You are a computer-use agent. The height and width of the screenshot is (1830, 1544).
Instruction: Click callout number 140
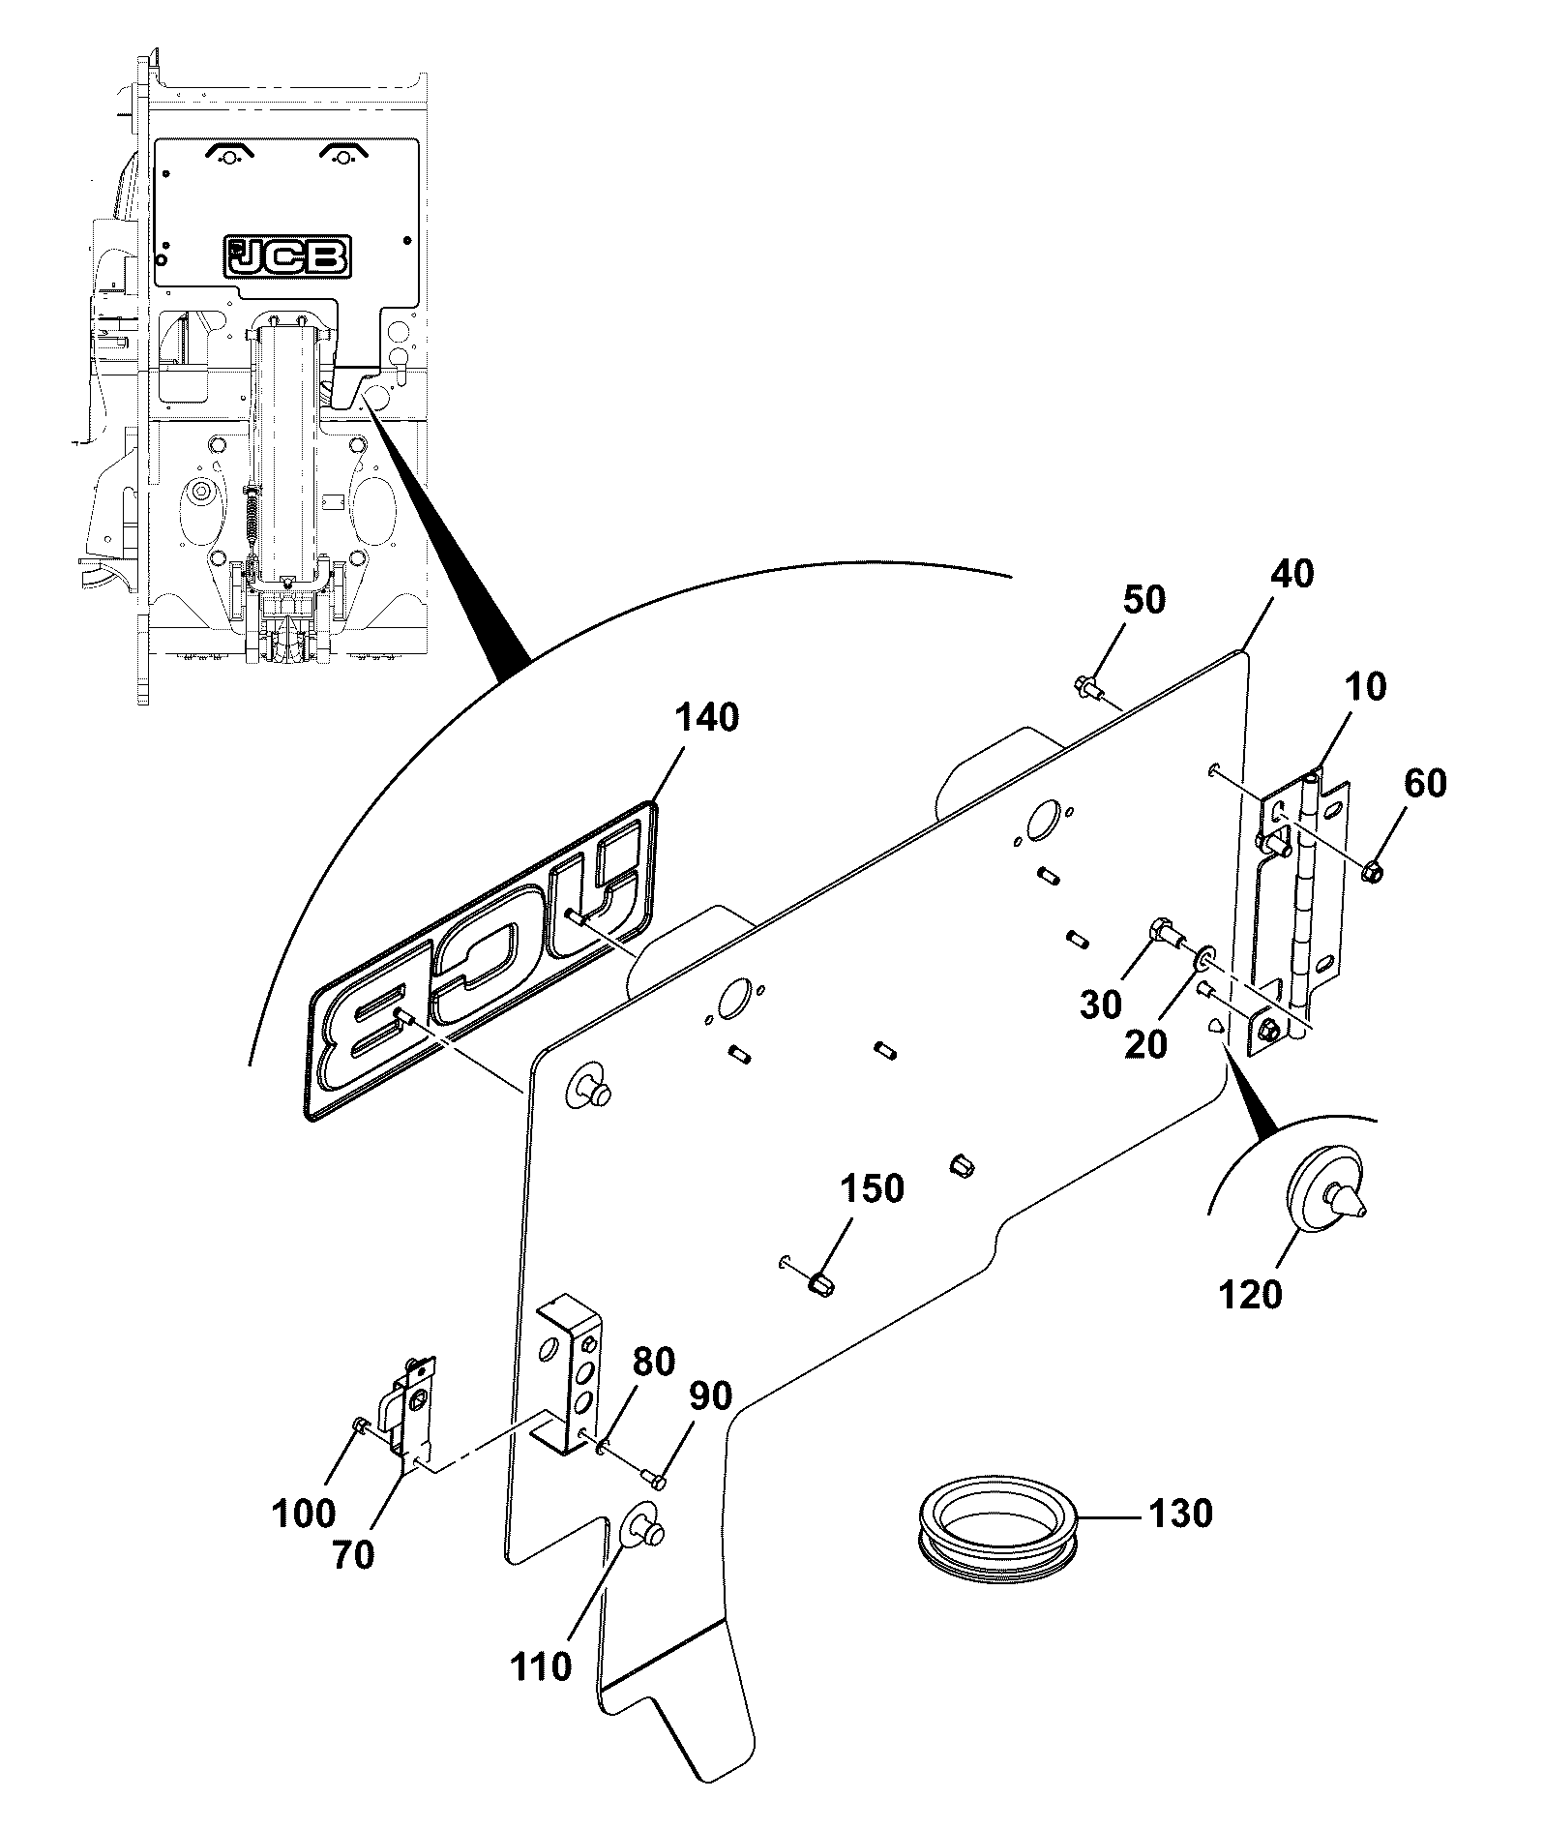click(x=707, y=718)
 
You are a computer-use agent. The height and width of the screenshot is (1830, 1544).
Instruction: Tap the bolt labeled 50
click(x=1087, y=688)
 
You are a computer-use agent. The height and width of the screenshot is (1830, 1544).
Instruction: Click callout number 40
click(x=1292, y=574)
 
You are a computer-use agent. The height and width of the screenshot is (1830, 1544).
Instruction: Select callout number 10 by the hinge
click(x=1363, y=686)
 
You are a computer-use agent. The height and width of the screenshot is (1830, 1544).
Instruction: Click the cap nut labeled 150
click(x=823, y=1287)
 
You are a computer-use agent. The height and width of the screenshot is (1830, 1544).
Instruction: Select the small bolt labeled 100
click(x=360, y=1424)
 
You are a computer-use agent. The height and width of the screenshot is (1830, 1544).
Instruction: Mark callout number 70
click(x=352, y=1555)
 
